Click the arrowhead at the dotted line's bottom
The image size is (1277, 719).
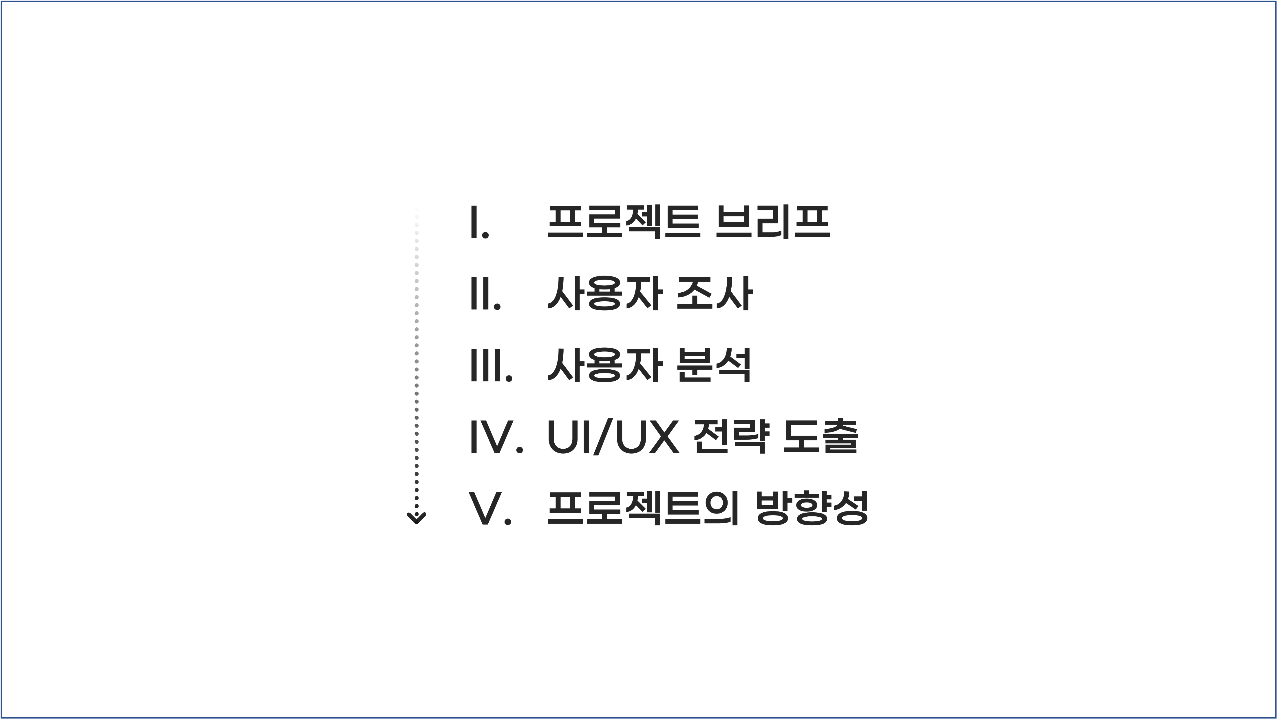[416, 518]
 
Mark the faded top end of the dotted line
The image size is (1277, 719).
[416, 211]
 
